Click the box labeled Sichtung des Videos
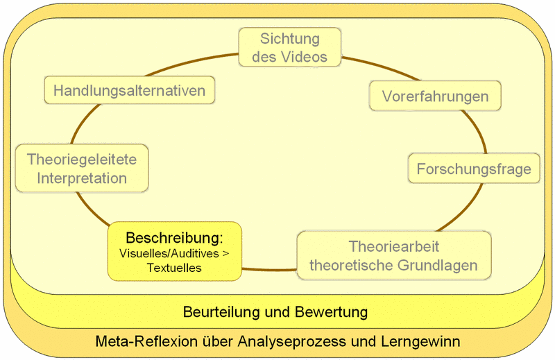coord(290,47)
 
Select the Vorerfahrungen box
coord(435,96)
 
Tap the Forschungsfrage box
coord(474,169)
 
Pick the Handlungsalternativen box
coord(130,90)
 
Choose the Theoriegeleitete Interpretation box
coord(82,169)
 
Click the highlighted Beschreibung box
coord(175,251)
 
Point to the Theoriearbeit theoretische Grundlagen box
coord(394,255)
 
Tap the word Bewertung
coord(332,312)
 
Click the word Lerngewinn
coord(421,342)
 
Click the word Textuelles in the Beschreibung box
coord(174,268)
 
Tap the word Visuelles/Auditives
coord(169,253)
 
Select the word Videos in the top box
coord(307,57)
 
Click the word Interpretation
coord(82,178)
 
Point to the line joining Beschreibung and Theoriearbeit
coord(269,270)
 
